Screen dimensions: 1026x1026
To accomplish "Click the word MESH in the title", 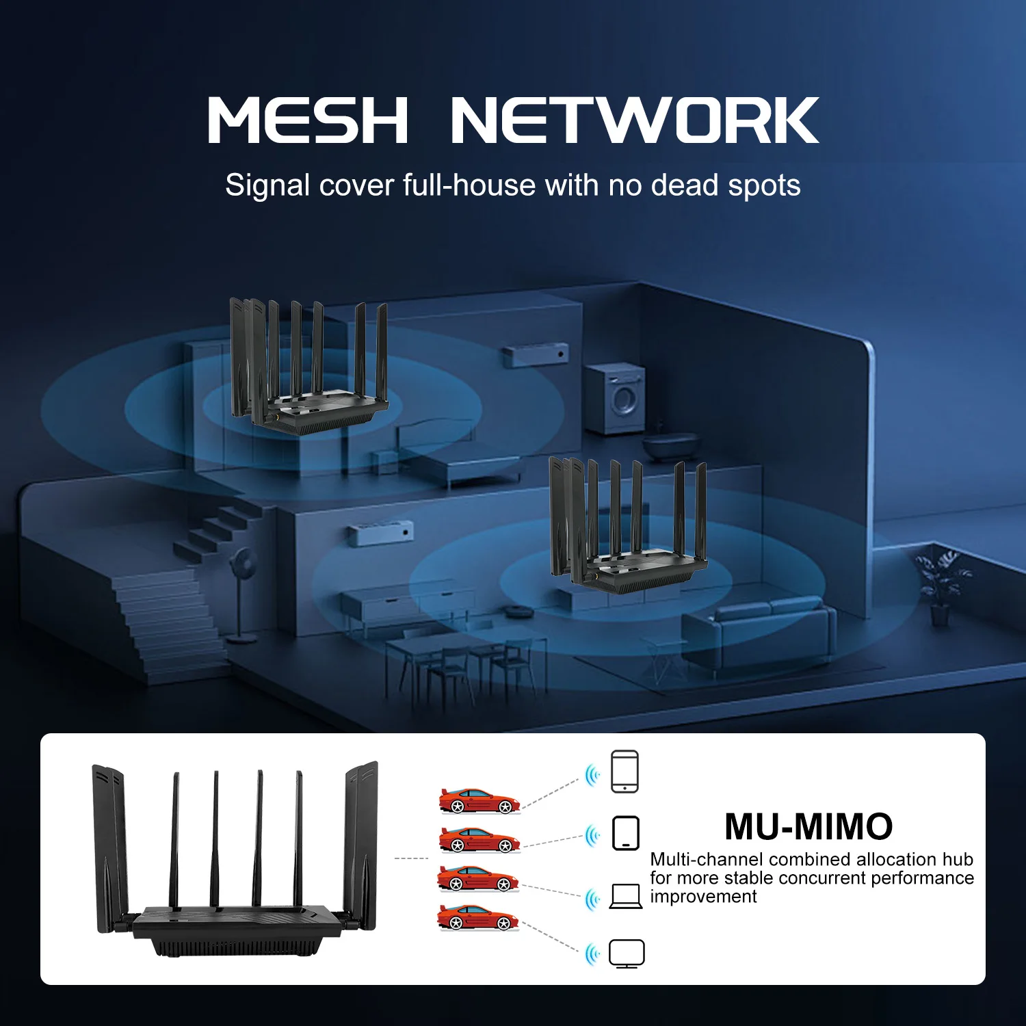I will (308, 120).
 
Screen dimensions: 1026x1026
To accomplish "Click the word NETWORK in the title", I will (634, 120).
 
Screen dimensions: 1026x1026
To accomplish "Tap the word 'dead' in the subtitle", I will (685, 185).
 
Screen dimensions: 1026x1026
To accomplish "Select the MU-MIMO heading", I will (808, 826).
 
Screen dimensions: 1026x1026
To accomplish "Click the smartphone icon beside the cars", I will (624, 772).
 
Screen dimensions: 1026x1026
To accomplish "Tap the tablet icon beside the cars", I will (625, 833).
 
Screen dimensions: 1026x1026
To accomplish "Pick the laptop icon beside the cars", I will (625, 896).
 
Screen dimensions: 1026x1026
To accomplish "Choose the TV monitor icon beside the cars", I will (627, 953).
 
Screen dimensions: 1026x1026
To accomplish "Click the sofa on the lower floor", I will (759, 633).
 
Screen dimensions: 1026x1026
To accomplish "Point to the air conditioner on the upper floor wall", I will (536, 355).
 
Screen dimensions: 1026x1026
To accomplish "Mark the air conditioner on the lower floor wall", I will (380, 534).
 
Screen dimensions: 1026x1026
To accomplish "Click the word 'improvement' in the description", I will (703, 897).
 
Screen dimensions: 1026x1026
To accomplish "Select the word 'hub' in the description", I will (958, 859).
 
